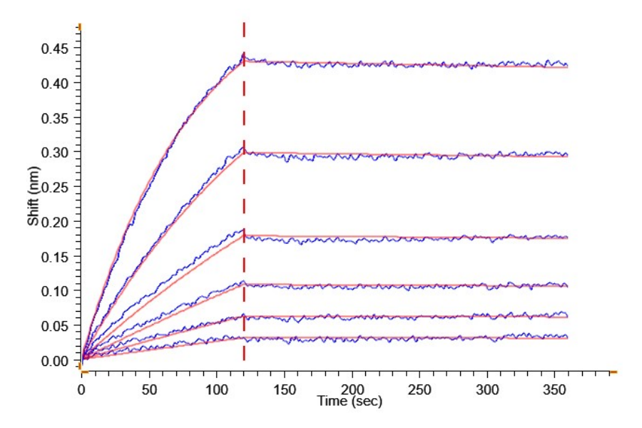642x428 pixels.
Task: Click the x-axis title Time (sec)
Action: [350, 402]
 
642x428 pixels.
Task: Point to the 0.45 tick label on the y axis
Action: [55, 49]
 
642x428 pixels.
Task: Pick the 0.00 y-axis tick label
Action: [55, 361]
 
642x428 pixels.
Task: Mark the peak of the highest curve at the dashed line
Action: [244, 53]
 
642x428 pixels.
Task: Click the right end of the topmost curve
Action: [567, 65]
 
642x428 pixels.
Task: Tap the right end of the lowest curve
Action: [567, 337]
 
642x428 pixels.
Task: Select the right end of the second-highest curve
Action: [567, 155]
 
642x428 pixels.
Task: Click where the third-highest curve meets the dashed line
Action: [244, 232]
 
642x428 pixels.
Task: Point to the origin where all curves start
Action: [82, 360]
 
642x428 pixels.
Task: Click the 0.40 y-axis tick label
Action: [55, 83]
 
